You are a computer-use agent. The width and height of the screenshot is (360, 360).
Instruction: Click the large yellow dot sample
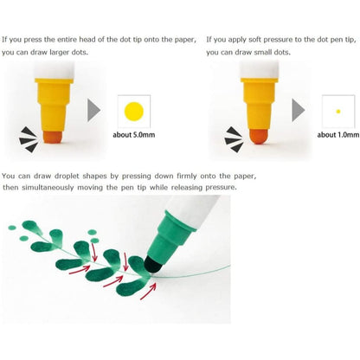pos(134,112)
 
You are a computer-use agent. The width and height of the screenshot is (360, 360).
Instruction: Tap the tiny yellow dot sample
pos(338,112)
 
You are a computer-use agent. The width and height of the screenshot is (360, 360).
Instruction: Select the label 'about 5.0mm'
pos(134,135)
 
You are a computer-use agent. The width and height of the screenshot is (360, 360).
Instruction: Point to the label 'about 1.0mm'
pos(338,135)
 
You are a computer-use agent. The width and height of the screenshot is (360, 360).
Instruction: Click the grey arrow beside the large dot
pos(93,110)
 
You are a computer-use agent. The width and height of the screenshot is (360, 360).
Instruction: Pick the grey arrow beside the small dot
pos(298,110)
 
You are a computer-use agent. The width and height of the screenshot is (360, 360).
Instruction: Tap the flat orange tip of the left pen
pos(53,137)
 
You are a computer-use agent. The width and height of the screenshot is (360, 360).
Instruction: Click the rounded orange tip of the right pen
pos(259,137)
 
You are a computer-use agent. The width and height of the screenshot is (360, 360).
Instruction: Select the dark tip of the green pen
pos(153,265)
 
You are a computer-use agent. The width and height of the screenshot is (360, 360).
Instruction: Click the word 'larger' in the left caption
pos(59,52)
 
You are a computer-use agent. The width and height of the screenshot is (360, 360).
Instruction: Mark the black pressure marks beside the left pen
pos(29,139)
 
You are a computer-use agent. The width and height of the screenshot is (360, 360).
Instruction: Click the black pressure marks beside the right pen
pos(234,139)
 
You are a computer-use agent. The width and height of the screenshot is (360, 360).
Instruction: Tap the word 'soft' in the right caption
pos(254,40)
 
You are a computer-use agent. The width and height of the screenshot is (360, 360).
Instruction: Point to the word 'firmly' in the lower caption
pos(187,176)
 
